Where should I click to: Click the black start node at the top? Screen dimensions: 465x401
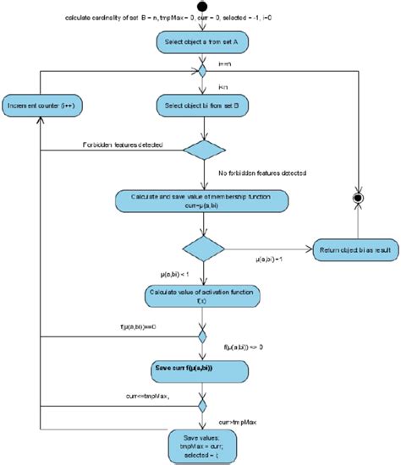tap(200, 5)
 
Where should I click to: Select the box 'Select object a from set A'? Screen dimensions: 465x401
tap(200, 41)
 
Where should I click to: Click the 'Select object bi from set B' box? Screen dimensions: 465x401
tap(200, 106)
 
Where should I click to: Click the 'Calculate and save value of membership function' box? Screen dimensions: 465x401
tap(200, 203)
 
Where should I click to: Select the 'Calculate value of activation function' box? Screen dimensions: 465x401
tap(200, 294)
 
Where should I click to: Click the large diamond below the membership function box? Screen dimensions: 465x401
tap(200, 249)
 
